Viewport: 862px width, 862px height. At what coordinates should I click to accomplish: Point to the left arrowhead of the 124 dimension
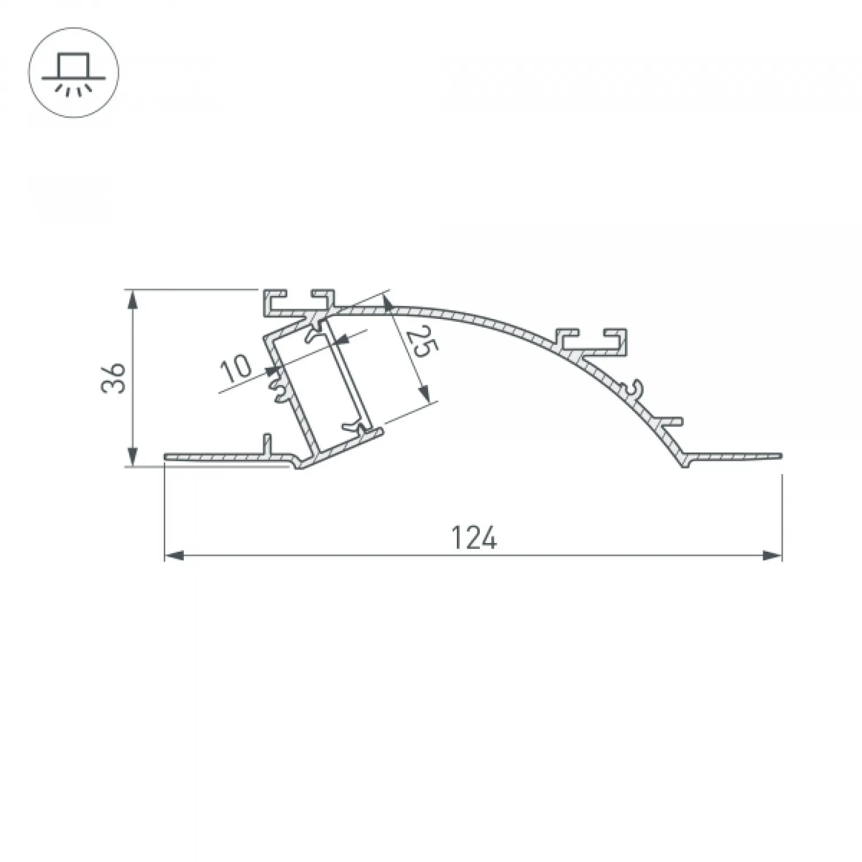tap(174, 556)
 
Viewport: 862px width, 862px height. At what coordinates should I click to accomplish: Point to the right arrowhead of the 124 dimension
tap(772, 556)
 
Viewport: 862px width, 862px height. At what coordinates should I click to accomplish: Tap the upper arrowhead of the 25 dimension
tap(388, 304)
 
